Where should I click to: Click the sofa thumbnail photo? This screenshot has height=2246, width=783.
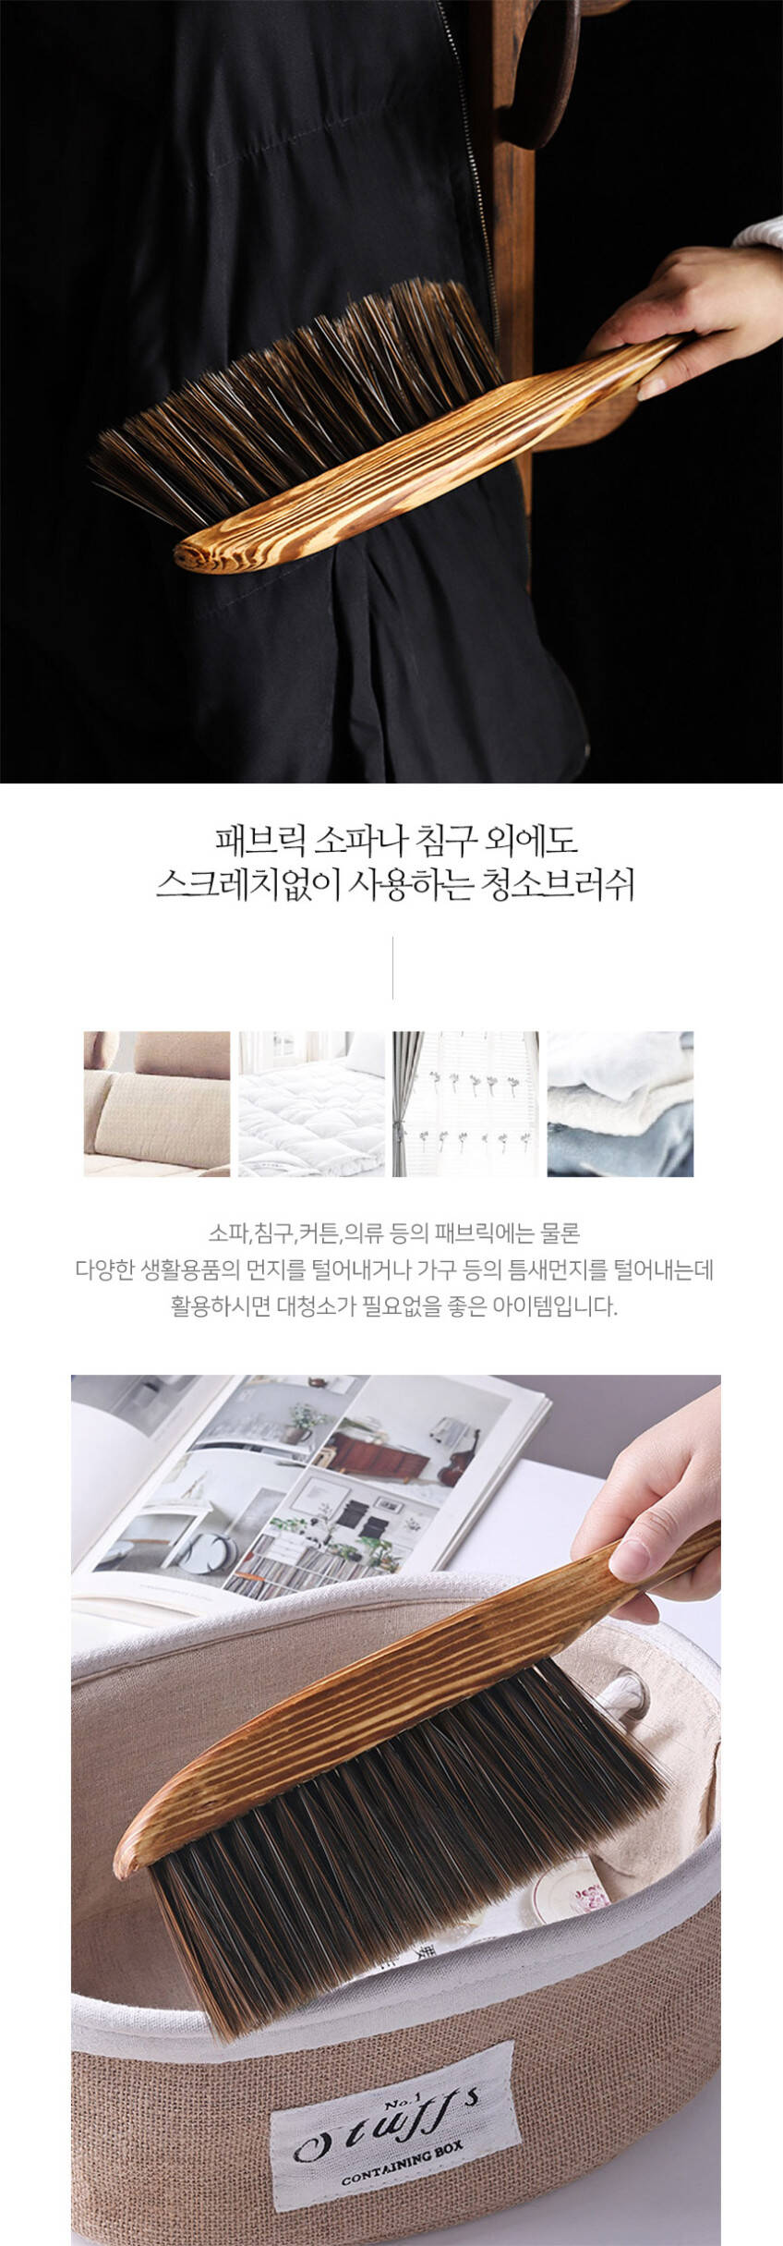[157, 1103]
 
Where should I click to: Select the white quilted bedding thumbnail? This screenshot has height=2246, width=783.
[312, 1103]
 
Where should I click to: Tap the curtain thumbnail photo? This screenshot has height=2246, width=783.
[466, 1103]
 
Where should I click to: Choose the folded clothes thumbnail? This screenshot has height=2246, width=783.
[620, 1103]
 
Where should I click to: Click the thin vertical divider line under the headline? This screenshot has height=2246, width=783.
[392, 967]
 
